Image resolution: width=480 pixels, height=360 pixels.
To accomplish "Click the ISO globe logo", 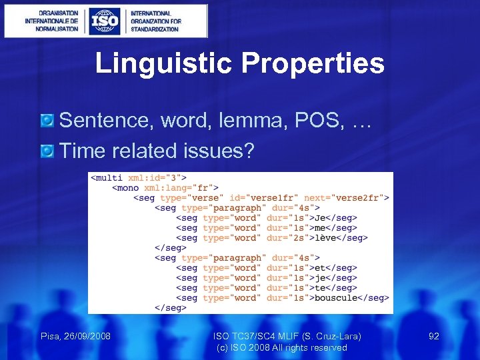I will [104, 21].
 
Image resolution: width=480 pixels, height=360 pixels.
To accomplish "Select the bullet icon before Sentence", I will [47, 121].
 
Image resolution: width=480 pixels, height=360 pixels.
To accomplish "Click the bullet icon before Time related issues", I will [47, 151].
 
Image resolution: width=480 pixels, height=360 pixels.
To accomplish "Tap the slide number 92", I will [434, 336].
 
